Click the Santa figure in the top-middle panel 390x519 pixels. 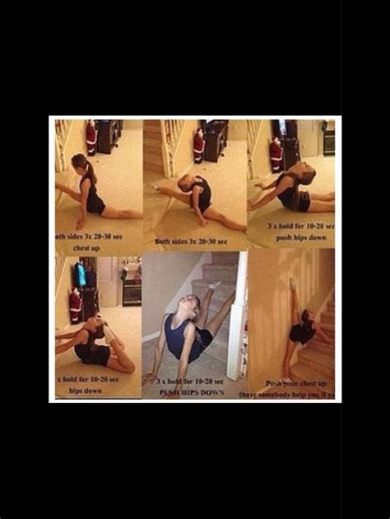pyautogui.click(x=198, y=146)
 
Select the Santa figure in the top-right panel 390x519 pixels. pyautogui.click(x=276, y=154)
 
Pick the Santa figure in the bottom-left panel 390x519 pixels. pyautogui.click(x=75, y=305)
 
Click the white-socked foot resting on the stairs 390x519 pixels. pyautogui.click(x=214, y=285)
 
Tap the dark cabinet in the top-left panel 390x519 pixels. pyautogui.click(x=109, y=137)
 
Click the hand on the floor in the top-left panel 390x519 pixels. pyautogui.click(x=80, y=223)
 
